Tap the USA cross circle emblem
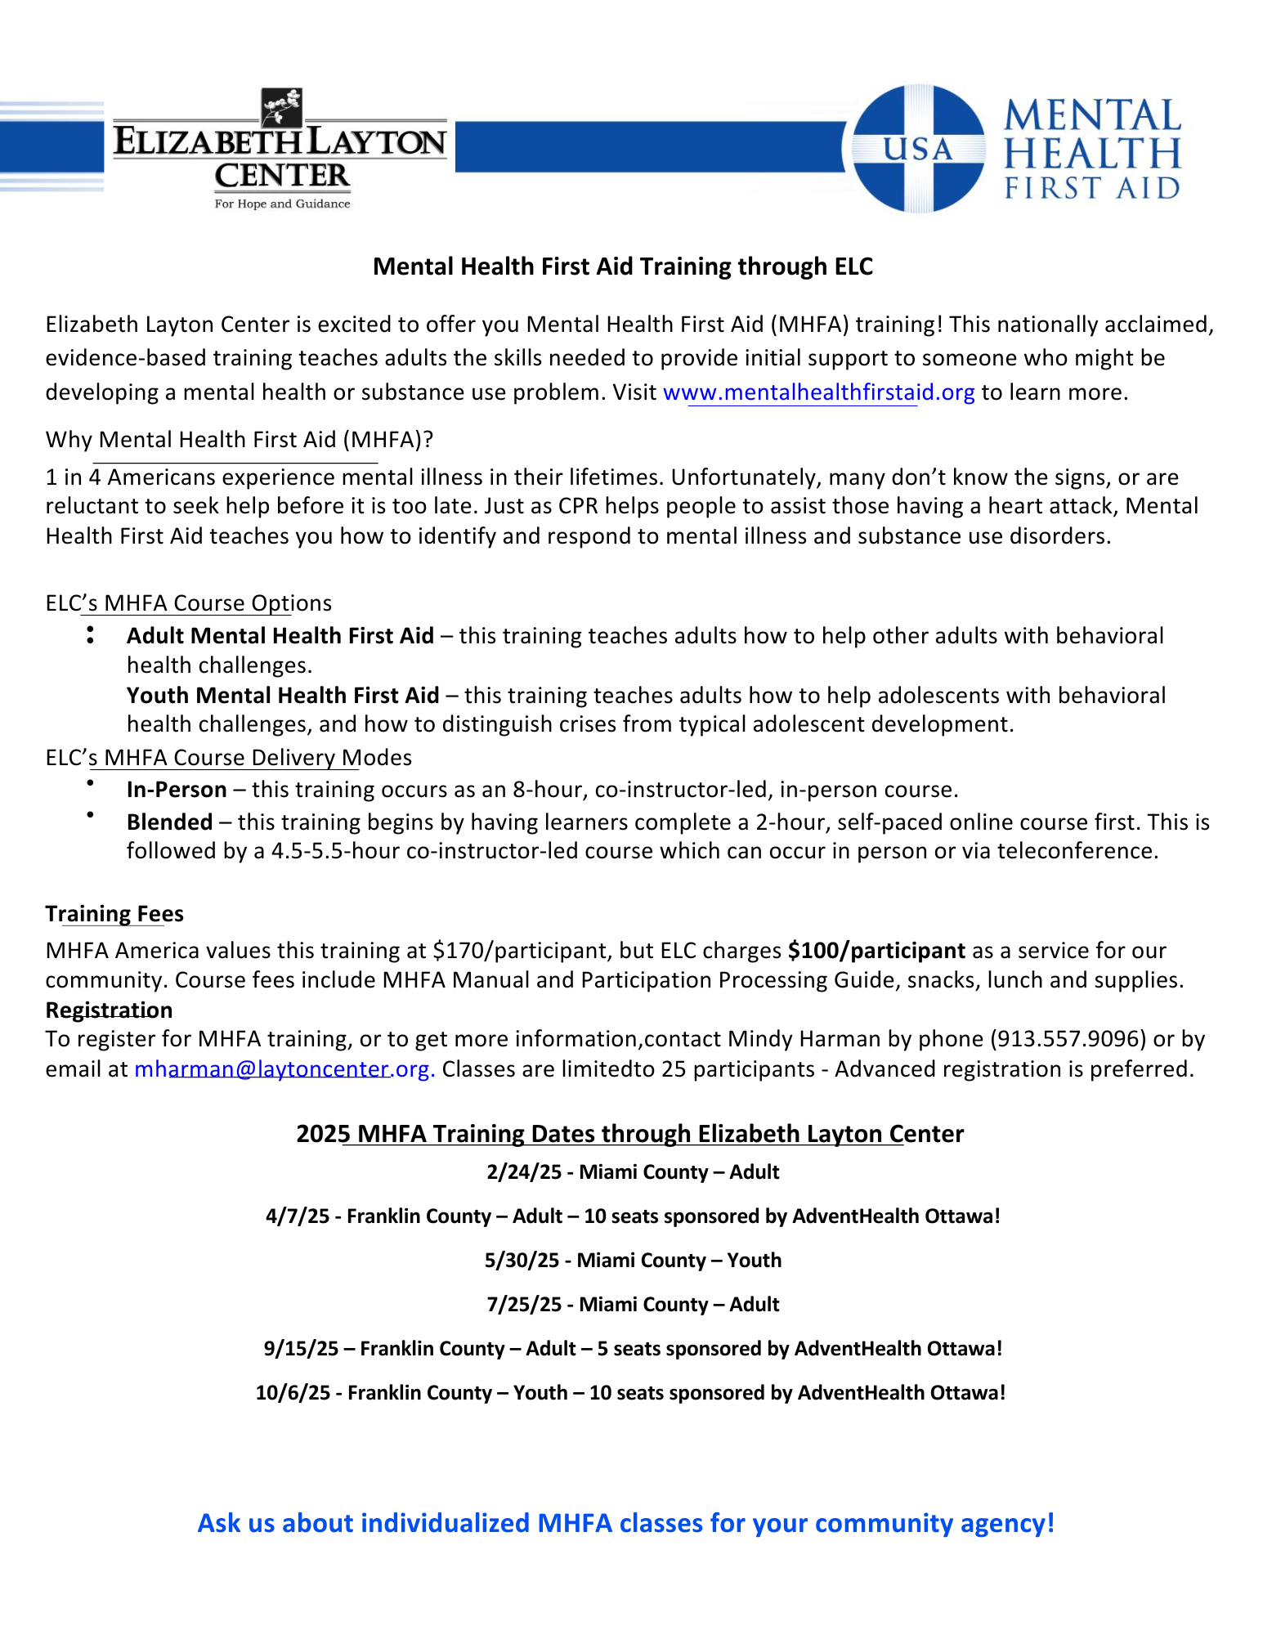point(918,149)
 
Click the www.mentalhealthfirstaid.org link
point(818,392)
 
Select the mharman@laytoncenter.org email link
point(284,1069)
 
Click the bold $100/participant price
point(876,951)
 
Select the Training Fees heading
point(114,914)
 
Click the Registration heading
point(109,1010)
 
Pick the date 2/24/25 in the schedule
point(524,1172)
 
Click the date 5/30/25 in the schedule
point(522,1261)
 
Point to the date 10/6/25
point(293,1393)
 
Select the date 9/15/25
point(301,1349)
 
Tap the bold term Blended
point(169,822)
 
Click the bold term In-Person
point(177,790)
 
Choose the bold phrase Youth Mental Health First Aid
point(283,696)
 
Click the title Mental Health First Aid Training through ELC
point(623,267)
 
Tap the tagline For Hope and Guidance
point(282,204)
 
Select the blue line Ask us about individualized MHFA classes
point(626,1523)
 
